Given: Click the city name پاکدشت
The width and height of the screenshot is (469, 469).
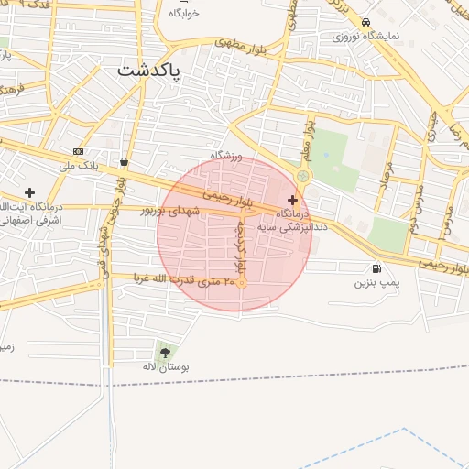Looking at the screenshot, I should (150, 69).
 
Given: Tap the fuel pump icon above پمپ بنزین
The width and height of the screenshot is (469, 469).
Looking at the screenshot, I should (376, 268).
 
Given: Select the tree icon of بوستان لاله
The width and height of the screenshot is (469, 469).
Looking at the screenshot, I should (165, 352).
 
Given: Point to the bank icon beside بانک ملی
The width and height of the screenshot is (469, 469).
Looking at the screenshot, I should (78, 151).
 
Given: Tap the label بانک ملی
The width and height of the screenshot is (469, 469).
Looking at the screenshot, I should (78, 166).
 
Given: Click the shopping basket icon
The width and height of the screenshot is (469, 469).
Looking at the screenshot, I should (124, 162).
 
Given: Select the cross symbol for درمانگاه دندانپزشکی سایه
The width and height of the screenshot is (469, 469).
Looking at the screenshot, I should (292, 200).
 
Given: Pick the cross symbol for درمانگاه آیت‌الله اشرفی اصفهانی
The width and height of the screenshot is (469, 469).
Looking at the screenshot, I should (30, 192).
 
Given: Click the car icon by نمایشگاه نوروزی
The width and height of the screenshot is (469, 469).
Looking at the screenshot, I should (365, 23).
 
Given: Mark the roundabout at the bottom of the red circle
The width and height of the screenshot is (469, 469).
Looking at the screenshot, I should (242, 283).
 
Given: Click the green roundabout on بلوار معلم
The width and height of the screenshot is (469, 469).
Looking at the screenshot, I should (302, 176).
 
